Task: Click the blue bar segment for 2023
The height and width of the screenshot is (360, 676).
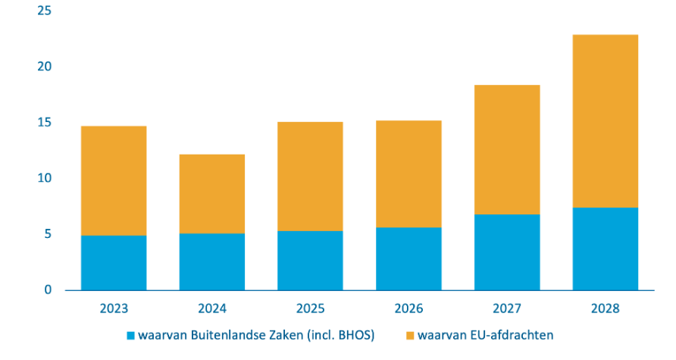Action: pyautogui.click(x=114, y=263)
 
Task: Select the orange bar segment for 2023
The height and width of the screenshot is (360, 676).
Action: pyautogui.click(x=114, y=180)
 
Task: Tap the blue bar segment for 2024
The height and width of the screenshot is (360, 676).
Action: pyautogui.click(x=212, y=261)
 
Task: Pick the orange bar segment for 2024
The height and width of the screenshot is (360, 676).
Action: pyautogui.click(x=212, y=194)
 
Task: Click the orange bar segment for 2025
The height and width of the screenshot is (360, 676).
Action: pyautogui.click(x=310, y=177)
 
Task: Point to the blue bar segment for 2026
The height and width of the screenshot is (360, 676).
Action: pyautogui.click(x=408, y=258)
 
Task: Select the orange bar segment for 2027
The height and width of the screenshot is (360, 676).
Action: pyautogui.click(x=507, y=150)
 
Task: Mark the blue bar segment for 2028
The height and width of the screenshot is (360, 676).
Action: pyautogui.click(x=605, y=249)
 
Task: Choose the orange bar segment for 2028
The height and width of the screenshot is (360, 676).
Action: pyautogui.click(x=605, y=121)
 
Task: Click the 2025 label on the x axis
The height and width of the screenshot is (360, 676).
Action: pyautogui.click(x=310, y=309)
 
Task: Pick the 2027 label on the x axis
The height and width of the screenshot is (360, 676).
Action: pyautogui.click(x=507, y=309)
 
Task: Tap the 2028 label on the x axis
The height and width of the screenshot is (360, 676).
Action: pyautogui.click(x=605, y=309)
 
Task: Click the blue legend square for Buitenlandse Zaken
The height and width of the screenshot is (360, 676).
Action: pyautogui.click(x=130, y=334)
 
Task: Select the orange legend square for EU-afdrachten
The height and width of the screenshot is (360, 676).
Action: pyautogui.click(x=410, y=334)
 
